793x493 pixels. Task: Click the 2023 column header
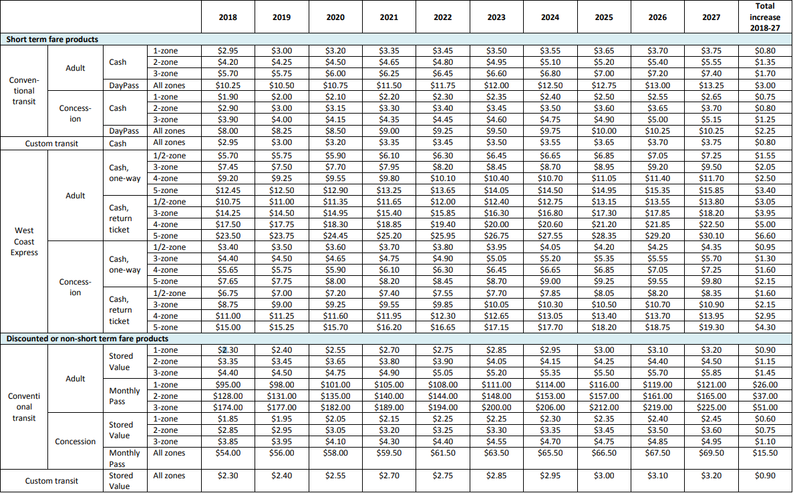coord(496,17)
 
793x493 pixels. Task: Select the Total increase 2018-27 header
coord(764,17)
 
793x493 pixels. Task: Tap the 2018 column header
coord(227,17)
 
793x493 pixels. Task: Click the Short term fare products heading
coord(52,39)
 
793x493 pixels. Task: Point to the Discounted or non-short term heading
coord(88,339)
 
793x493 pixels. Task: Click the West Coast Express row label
coord(25,241)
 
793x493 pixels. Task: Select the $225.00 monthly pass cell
coord(711,407)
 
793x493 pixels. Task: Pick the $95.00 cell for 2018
coord(228,384)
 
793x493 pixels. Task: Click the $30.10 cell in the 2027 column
coord(711,236)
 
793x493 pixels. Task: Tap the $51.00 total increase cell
coord(764,407)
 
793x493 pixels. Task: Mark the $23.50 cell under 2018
coord(228,236)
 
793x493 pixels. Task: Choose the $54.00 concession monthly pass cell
coord(228,453)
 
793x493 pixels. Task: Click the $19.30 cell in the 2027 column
coord(711,327)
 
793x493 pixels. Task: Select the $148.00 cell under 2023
coord(496,395)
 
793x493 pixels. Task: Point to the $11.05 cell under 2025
coord(604,178)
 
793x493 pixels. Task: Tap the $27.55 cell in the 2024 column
coord(550,236)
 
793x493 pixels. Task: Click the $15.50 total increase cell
coord(764,453)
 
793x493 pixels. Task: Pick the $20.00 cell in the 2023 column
coord(496,224)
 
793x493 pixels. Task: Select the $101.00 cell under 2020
coord(335,384)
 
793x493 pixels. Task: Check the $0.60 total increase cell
coord(764,418)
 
